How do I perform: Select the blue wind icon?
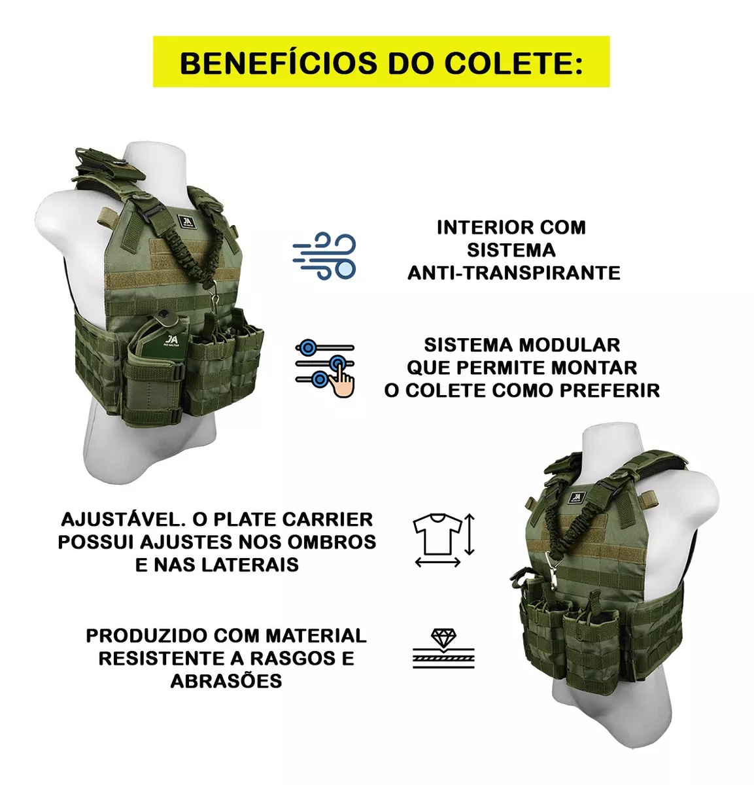tap(324, 256)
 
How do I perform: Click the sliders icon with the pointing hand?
tap(325, 368)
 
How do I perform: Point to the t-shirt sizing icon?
tap(444, 540)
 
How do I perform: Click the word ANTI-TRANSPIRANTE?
tap(514, 273)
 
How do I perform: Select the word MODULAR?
tap(570, 345)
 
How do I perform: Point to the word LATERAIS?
tap(250, 565)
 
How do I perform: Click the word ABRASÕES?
tap(226, 681)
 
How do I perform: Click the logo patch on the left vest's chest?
tap(186, 222)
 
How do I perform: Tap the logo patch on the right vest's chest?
tap(577, 497)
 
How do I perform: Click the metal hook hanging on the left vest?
tap(215, 294)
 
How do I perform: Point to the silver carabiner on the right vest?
tap(551, 570)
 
